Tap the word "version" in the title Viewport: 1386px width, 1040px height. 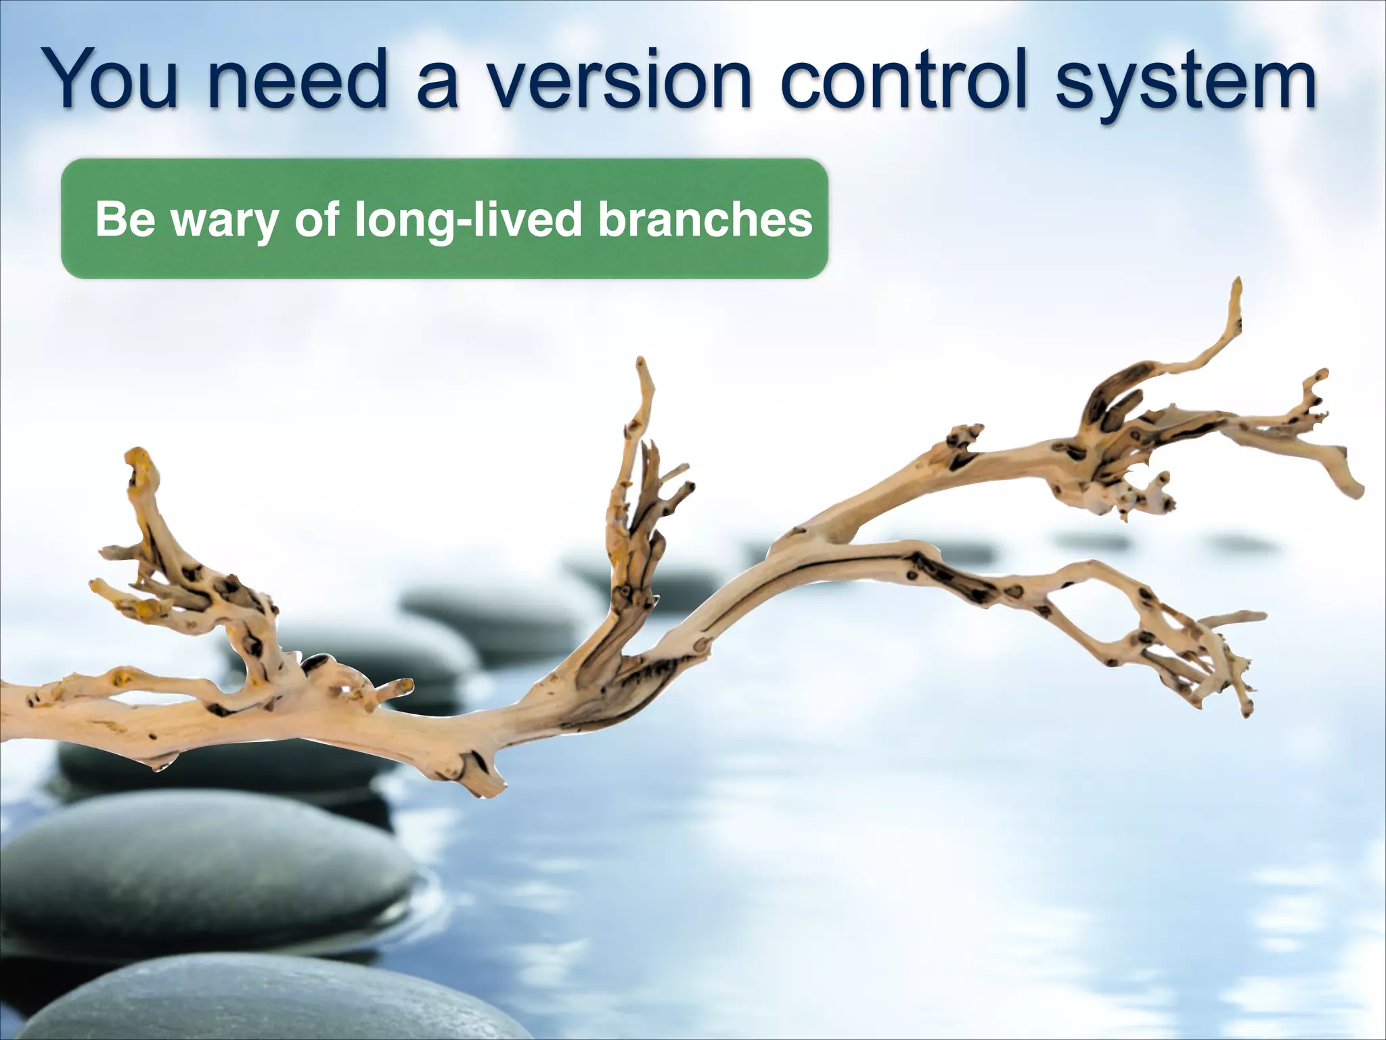tap(620, 81)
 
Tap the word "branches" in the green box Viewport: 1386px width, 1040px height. tap(705, 219)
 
